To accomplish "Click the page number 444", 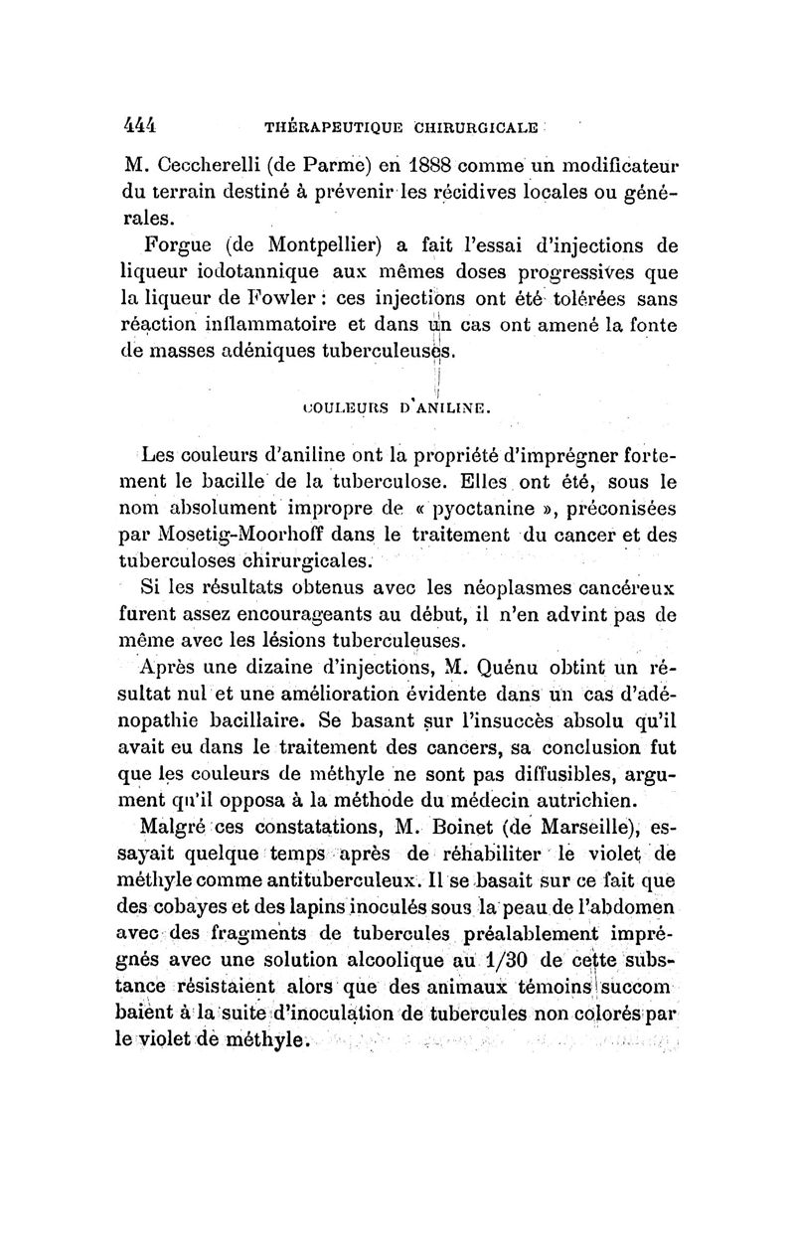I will pos(139,126).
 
